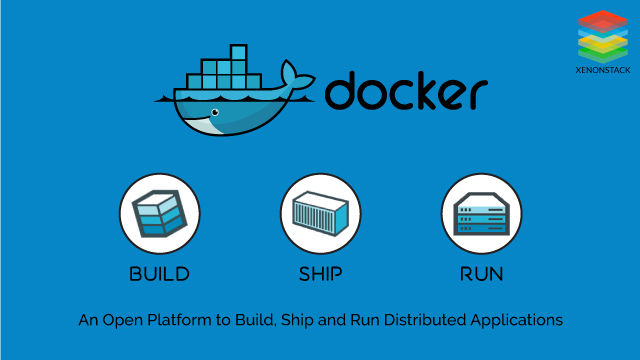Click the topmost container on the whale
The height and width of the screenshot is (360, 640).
coord(237,53)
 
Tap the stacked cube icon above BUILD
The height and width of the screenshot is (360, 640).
coord(160,213)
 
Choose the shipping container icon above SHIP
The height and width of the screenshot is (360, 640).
coord(320,213)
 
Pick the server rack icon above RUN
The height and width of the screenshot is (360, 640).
coord(481,213)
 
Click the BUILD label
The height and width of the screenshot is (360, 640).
coord(160,273)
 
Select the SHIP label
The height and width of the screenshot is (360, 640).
coord(320,273)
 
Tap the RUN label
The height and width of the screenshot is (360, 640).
coord(481,273)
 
